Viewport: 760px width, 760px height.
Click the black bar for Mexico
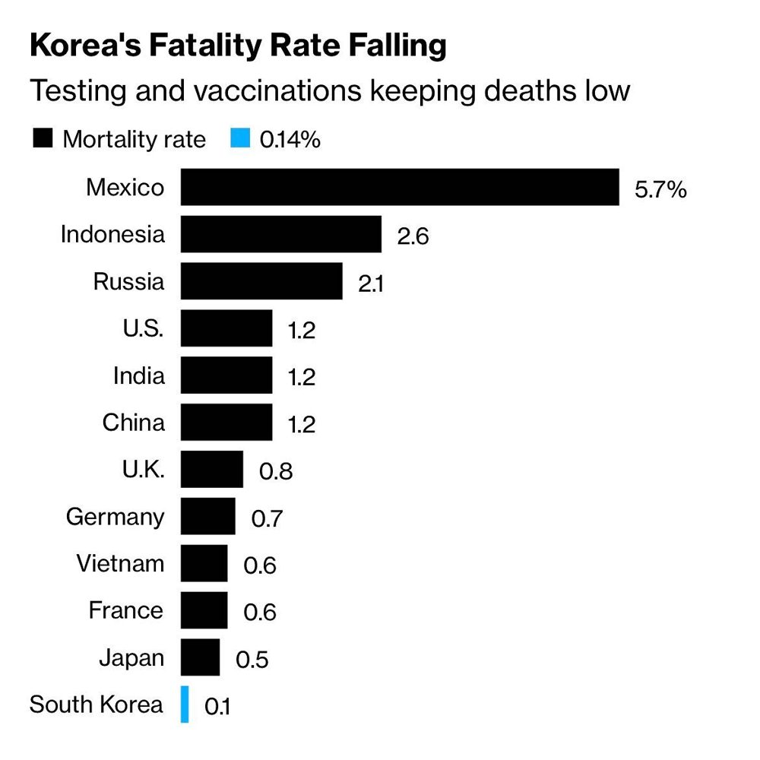[400, 187]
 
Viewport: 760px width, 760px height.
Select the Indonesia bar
[281, 234]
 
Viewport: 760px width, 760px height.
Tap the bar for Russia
[261, 281]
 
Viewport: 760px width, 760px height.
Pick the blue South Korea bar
[185, 705]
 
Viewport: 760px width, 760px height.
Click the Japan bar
[200, 657]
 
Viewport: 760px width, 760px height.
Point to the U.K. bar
[212, 469]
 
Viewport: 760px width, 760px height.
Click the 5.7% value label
[660, 189]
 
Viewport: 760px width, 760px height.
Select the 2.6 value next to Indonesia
[413, 236]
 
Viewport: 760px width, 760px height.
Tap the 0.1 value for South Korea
[217, 707]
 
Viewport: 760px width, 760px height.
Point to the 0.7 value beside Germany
[267, 518]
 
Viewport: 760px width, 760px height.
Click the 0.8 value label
[276, 472]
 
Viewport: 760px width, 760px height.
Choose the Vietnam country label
[120, 564]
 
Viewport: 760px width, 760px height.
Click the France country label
[126, 610]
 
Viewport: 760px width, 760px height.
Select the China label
[133, 422]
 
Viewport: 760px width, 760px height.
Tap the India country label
[138, 375]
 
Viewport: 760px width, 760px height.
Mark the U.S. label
[143, 328]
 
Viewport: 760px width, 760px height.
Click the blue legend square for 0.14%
[240, 138]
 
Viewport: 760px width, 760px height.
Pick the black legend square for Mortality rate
[43, 138]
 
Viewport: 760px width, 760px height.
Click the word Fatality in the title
[205, 46]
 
